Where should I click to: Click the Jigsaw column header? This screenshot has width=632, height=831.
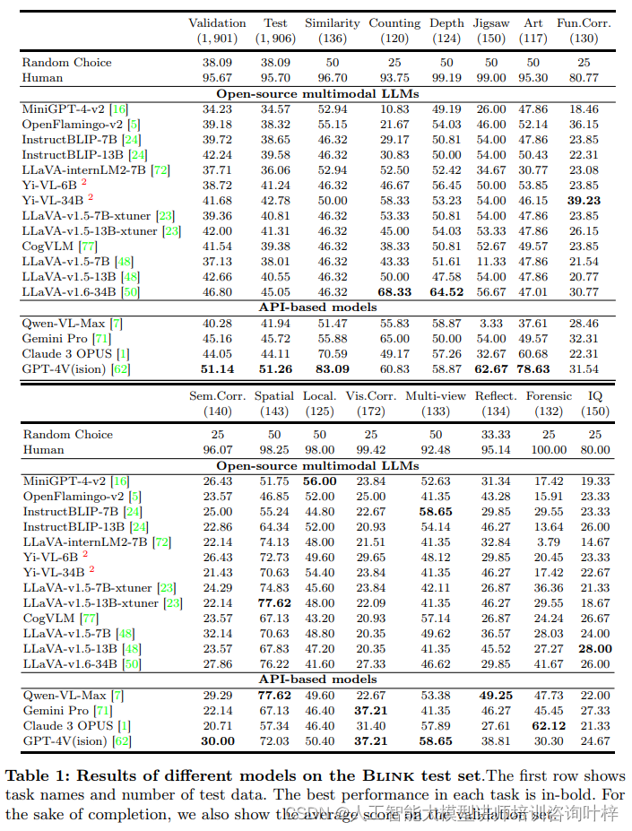(491, 23)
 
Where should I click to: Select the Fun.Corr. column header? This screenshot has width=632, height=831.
(584, 23)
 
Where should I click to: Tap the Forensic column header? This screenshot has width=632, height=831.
(549, 395)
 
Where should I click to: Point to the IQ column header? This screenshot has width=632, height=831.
(594, 395)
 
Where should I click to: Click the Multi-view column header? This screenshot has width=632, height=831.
(435, 395)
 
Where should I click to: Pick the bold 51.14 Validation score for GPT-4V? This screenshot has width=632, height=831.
(217, 368)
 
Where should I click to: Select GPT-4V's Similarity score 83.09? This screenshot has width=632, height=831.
(333, 368)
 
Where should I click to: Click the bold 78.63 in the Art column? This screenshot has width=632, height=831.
(533, 368)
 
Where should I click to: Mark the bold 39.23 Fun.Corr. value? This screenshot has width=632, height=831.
(584, 201)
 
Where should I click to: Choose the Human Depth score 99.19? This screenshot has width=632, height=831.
(446, 78)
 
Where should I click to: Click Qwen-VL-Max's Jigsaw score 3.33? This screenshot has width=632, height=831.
(491, 323)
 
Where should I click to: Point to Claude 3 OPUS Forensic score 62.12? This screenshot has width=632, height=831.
(549, 725)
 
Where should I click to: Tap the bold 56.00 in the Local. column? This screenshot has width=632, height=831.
(320, 481)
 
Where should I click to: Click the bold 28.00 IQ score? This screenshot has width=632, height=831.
(594, 649)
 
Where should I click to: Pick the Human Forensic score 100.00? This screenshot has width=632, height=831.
(549, 450)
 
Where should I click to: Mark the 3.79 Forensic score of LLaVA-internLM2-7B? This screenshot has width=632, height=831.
(549, 542)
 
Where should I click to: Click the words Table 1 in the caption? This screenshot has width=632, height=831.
(33, 776)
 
